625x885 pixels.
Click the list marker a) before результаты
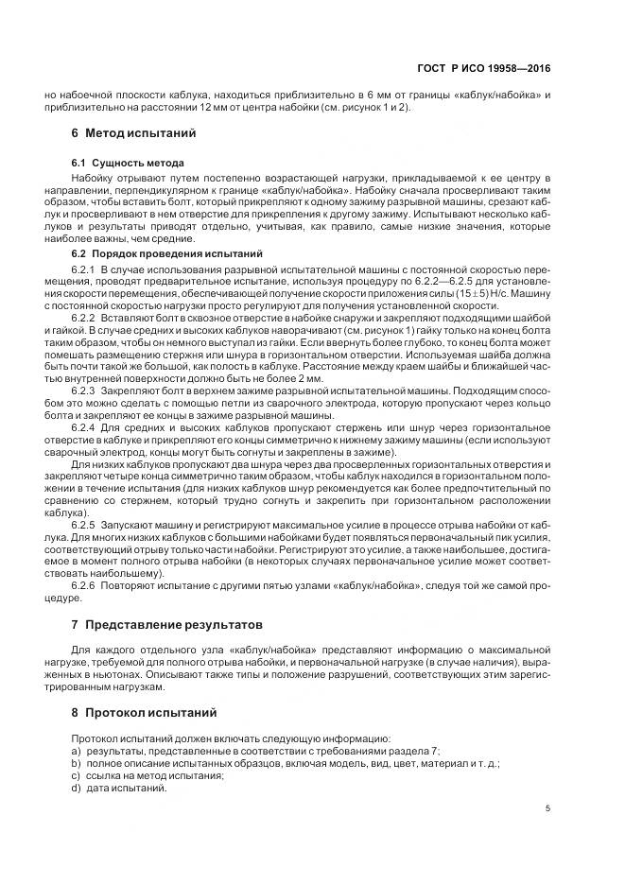pyautogui.click(x=75, y=752)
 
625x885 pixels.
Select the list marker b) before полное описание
pyautogui.click(x=75, y=764)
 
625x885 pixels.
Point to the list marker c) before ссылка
pyautogui.click(x=75, y=776)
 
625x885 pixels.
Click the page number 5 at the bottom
pyautogui.click(x=548, y=808)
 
